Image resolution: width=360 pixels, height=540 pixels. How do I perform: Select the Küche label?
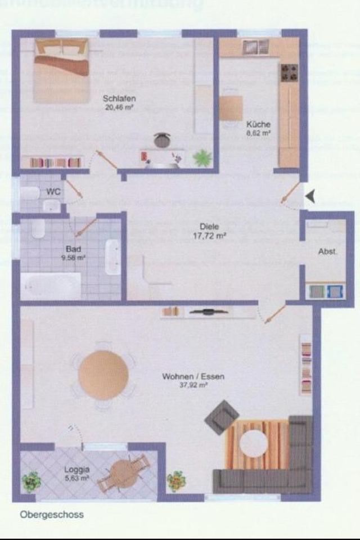click(x=258, y=124)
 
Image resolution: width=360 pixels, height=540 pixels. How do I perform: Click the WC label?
click(x=53, y=191)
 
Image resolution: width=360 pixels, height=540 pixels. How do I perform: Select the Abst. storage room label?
click(x=328, y=252)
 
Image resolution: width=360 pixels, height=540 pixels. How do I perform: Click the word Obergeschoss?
click(x=52, y=514)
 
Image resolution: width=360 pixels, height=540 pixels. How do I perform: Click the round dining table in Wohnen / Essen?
click(x=103, y=375)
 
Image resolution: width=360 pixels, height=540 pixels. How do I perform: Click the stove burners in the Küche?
click(x=289, y=72)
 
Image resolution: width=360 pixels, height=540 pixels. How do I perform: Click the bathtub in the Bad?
click(x=51, y=285)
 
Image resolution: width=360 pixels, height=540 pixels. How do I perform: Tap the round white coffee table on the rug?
click(x=254, y=442)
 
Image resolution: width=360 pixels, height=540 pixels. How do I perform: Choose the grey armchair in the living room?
click(x=221, y=417)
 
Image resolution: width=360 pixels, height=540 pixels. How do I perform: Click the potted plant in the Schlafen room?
click(x=202, y=158)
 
